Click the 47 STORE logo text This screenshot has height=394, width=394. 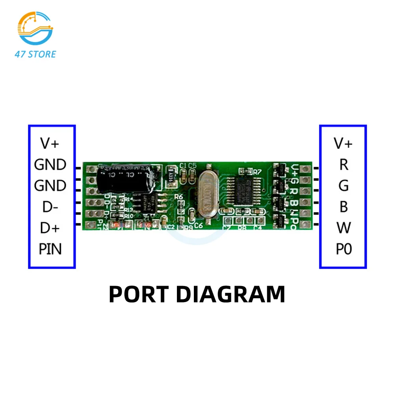[35, 54]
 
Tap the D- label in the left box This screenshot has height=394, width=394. [50, 206]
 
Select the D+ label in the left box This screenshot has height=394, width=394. [50, 228]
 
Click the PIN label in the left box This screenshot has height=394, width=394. [50, 249]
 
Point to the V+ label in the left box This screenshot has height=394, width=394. [50, 143]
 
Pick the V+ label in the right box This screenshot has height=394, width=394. [343, 143]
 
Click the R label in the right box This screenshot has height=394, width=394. [344, 164]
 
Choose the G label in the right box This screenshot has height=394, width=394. [344, 185]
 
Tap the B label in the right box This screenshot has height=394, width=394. [344, 206]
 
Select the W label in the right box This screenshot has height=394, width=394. [344, 228]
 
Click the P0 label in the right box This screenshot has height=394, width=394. [344, 249]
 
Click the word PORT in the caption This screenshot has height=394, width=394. [139, 294]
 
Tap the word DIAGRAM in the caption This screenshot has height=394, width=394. [230, 294]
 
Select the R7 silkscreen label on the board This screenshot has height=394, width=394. [257, 172]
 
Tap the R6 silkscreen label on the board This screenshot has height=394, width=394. [178, 196]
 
